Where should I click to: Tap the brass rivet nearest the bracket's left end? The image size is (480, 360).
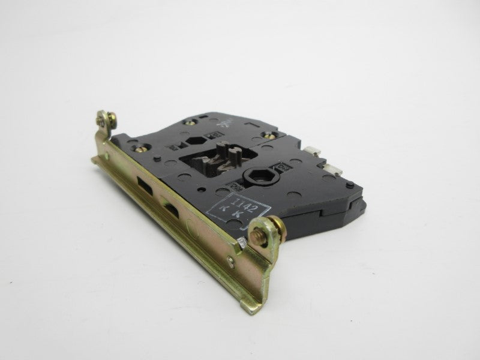(x=143, y=145)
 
